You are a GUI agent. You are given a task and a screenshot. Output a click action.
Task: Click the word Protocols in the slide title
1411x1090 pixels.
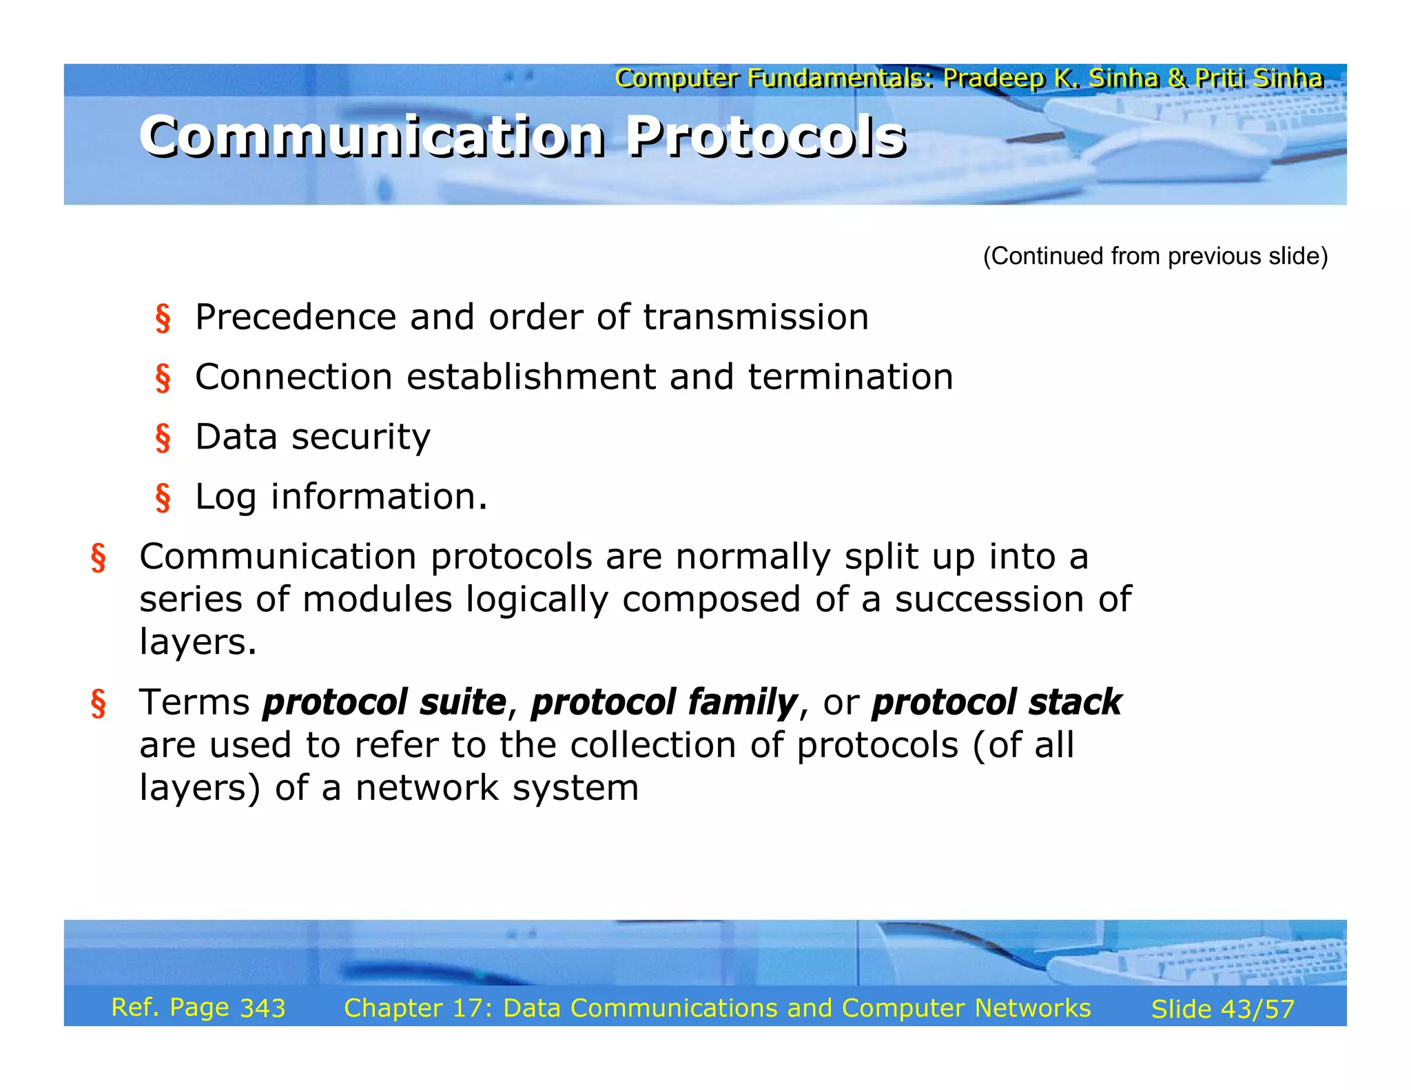point(766,136)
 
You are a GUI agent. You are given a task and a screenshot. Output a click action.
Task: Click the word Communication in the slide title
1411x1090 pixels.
point(372,136)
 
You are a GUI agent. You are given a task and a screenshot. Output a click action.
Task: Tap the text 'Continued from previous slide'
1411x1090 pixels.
point(1155,256)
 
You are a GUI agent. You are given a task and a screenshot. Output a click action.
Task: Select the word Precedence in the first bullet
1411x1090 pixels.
point(296,318)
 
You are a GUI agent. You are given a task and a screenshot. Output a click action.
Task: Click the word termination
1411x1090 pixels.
point(850,378)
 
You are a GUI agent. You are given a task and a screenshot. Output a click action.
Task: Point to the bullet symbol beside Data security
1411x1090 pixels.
point(163,438)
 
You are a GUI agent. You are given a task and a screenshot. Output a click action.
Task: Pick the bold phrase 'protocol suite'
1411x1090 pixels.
point(384,703)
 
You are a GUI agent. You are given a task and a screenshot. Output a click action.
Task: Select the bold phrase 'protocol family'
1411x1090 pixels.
point(663,703)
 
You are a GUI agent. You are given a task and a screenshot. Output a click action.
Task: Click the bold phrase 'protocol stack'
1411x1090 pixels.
point(996,703)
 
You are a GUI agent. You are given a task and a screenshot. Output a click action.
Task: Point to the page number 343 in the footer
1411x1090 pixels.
point(262,1009)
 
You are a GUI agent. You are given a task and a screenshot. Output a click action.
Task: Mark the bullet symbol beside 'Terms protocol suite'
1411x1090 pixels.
point(99,704)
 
